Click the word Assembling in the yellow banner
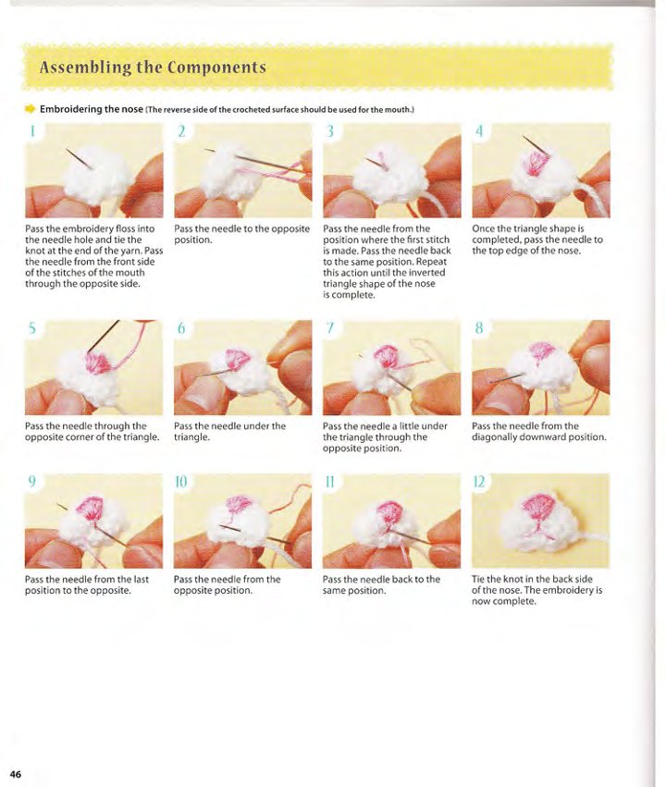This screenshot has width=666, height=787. click(85, 68)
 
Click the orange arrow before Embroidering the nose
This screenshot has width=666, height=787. click(31, 108)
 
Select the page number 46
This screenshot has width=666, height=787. click(16, 773)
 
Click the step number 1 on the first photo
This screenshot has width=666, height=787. click(32, 131)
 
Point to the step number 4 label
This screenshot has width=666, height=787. click(479, 131)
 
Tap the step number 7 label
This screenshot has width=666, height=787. click(329, 328)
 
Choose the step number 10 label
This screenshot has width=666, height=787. click(180, 482)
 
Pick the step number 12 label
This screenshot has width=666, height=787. click(479, 482)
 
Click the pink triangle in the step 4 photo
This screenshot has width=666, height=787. click(535, 163)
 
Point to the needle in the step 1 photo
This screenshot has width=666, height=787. click(79, 159)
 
